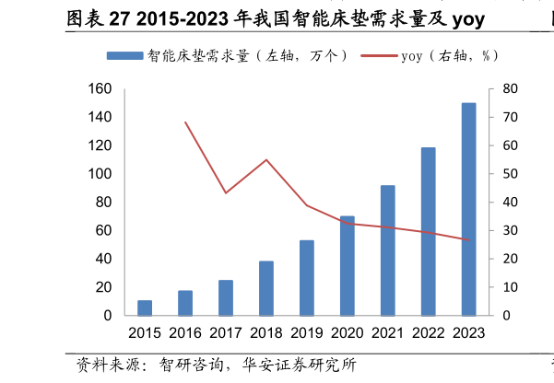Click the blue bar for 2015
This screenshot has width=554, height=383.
(145, 308)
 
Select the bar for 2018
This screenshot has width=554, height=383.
(266, 288)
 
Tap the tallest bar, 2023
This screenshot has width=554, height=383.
(468, 210)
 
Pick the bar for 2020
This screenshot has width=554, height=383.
(348, 266)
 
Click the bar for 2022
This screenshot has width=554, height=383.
(428, 232)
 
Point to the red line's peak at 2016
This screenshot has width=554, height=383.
(185, 122)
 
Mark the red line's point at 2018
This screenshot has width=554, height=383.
(266, 160)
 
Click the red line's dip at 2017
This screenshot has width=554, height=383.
(226, 192)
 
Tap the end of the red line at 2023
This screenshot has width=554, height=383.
(468, 240)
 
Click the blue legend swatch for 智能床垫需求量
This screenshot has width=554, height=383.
(124, 56)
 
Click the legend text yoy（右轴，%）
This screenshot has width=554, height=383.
(451, 56)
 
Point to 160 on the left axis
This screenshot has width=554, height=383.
(100, 89)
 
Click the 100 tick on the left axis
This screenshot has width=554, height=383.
(100, 174)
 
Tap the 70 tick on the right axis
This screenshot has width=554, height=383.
(510, 118)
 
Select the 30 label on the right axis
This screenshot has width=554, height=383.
(510, 231)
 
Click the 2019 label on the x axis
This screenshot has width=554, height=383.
(307, 333)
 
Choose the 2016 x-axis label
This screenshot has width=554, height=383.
(185, 333)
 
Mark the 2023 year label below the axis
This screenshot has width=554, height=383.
(468, 333)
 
